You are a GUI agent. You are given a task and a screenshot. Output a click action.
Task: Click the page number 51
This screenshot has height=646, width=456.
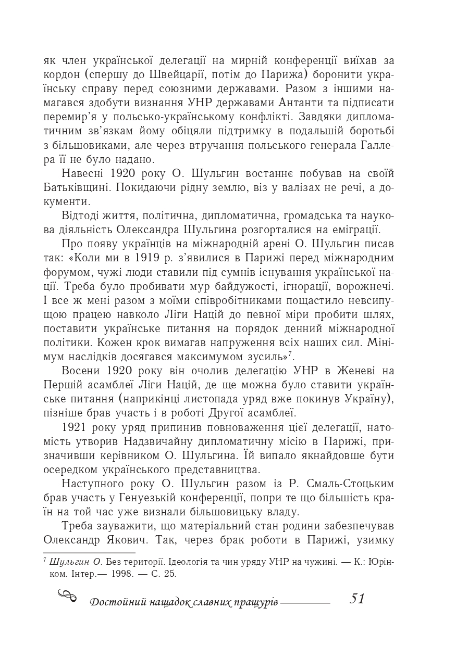tap(358, 599)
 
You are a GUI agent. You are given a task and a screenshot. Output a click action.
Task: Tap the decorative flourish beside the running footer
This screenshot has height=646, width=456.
tap(67, 596)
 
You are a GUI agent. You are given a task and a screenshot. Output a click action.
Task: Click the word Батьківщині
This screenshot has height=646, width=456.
tap(78, 187)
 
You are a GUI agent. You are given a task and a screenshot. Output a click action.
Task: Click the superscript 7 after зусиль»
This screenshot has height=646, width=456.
tap(291, 354)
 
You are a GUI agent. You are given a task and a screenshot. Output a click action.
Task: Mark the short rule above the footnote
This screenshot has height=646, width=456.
tap(89, 553)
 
